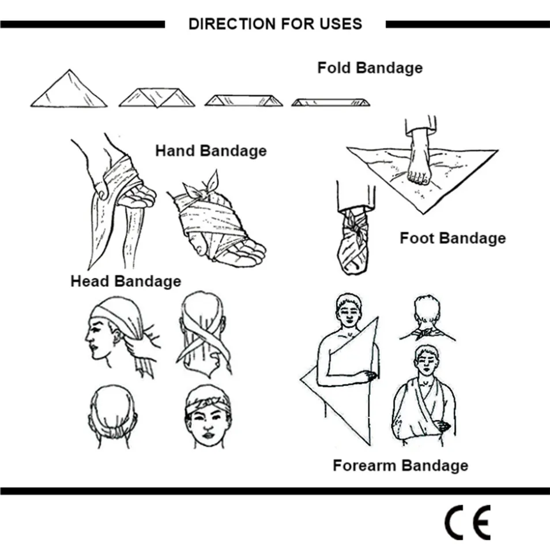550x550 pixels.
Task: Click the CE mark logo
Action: click(x=467, y=522)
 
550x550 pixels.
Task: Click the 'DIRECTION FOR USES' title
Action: click(x=275, y=24)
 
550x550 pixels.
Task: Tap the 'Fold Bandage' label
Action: click(x=370, y=67)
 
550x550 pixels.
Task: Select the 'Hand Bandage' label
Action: click(x=210, y=151)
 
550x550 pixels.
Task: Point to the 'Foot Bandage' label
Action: click(x=453, y=238)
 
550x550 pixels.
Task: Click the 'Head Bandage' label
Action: click(x=126, y=281)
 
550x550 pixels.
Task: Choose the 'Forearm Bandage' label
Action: click(x=400, y=465)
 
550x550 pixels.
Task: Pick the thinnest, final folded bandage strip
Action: click(x=330, y=103)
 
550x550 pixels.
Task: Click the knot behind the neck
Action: click(x=427, y=333)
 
